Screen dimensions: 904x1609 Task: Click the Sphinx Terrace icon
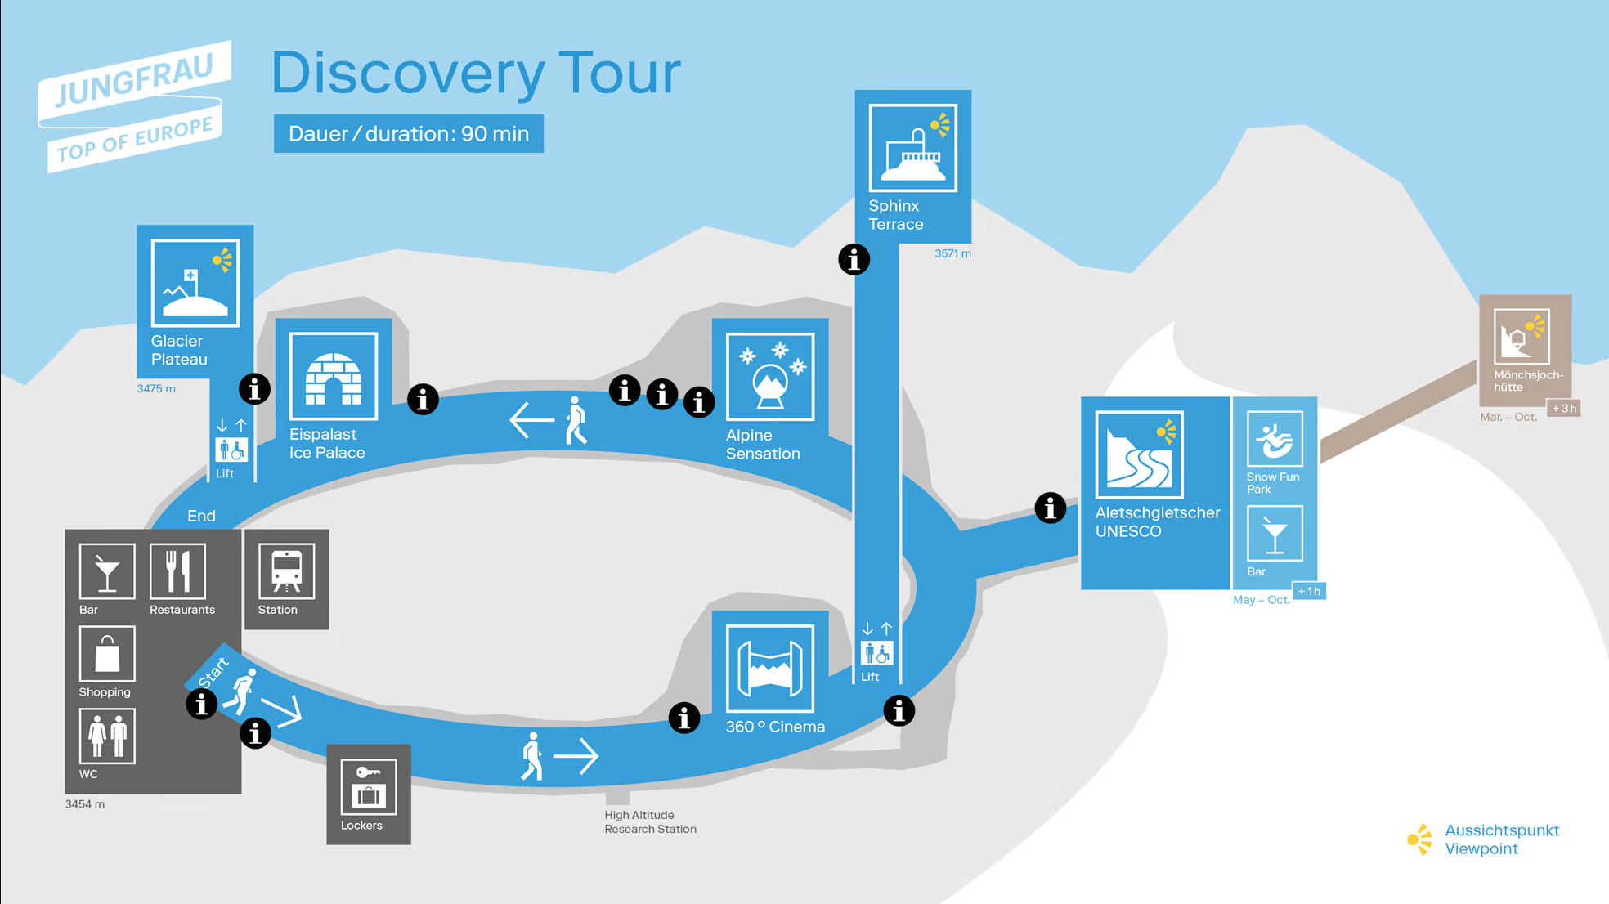[x=912, y=148]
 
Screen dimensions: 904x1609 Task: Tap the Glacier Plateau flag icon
[x=195, y=283]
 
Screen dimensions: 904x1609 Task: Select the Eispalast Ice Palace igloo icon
[x=333, y=376]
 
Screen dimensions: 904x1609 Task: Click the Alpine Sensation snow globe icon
[x=769, y=376]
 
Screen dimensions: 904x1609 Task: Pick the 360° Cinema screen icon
[x=769, y=669]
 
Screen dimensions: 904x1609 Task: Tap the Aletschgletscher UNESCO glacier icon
[x=1139, y=454]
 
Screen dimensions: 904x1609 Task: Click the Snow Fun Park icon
[x=1274, y=439]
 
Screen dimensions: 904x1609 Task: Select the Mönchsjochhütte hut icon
[x=1521, y=336]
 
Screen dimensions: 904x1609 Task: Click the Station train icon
[x=286, y=571]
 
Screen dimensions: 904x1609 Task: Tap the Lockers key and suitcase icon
[x=368, y=787]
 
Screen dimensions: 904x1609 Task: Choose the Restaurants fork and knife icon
[x=177, y=571]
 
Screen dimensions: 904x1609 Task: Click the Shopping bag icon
[x=107, y=654]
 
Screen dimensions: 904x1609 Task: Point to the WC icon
[x=107, y=736]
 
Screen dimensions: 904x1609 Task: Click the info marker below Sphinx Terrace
[x=854, y=260]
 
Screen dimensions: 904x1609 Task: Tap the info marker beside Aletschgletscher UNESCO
[x=1050, y=508]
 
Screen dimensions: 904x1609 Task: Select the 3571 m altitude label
[x=952, y=254]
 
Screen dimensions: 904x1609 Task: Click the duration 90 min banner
[x=408, y=134]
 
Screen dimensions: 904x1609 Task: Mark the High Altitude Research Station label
[x=650, y=822]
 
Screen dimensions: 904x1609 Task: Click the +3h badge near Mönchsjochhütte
[x=1564, y=409]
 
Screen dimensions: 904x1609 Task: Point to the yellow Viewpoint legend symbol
[x=1420, y=839]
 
